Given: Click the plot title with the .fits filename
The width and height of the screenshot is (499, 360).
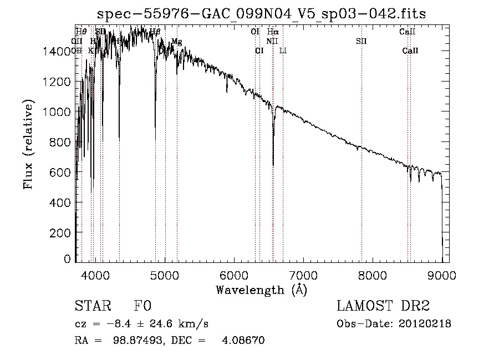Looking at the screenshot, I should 262,13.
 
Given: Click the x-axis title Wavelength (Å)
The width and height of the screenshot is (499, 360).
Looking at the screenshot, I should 261,290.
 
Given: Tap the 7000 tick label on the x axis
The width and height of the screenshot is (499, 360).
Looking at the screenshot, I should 303,274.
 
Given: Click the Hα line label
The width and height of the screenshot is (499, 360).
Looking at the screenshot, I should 273,32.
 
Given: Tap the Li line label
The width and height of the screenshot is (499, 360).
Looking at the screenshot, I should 283,50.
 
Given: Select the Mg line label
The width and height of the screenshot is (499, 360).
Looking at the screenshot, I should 176,42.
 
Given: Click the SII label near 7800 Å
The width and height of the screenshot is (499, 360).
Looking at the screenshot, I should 361,41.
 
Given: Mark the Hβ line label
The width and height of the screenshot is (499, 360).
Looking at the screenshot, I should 155,32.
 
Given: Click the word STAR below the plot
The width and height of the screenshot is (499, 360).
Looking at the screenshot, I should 91,307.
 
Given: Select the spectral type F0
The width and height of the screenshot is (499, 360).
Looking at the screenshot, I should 142,307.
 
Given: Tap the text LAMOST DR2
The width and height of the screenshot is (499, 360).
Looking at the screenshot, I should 383,307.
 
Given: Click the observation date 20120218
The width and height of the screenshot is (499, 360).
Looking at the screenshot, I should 424,324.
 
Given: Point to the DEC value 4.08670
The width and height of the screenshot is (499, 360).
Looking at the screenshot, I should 242,341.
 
